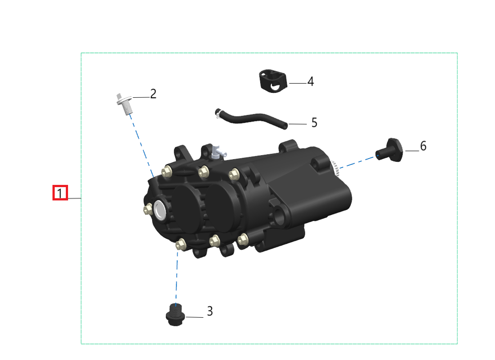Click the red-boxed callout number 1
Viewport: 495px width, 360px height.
pyautogui.click(x=60, y=193)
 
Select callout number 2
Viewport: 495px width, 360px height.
pyautogui.click(x=153, y=94)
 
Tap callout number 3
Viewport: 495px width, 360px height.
pyautogui.click(x=210, y=311)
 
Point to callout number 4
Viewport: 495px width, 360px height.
pyautogui.click(x=310, y=81)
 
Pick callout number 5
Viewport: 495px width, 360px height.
pyautogui.click(x=314, y=122)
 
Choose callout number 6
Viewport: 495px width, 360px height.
pyautogui.click(x=423, y=146)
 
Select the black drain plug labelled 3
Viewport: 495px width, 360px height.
pyautogui.click(x=175, y=315)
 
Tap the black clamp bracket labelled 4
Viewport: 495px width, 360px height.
pyautogui.click(x=273, y=80)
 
